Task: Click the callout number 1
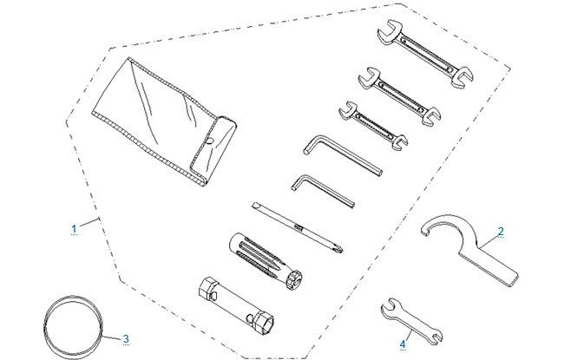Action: (x=74, y=229)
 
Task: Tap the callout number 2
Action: (x=501, y=232)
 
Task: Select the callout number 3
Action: (x=126, y=339)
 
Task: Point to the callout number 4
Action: (x=403, y=344)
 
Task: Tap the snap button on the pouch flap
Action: (x=211, y=141)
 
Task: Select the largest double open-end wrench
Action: (x=425, y=54)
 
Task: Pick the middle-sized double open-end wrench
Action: (x=400, y=95)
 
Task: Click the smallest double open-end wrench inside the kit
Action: (x=373, y=126)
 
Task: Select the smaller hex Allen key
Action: (x=323, y=191)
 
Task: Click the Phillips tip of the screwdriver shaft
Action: (x=339, y=248)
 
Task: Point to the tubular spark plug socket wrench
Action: (x=236, y=304)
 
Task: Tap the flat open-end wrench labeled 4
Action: (x=412, y=320)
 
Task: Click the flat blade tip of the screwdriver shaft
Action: (x=255, y=206)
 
